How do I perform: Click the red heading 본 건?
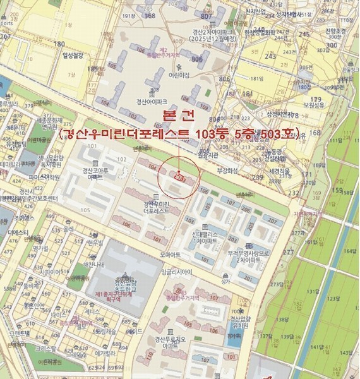click(x=179, y=115)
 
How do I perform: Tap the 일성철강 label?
click(x=73, y=56)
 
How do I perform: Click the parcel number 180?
click(x=60, y=44)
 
